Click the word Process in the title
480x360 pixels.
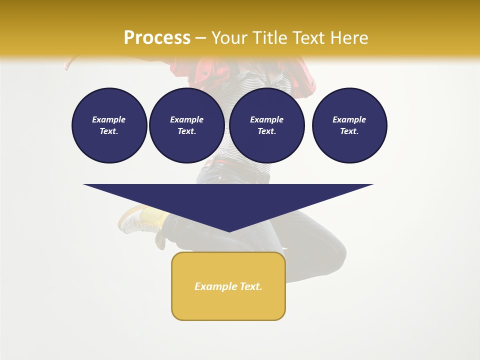point(157,38)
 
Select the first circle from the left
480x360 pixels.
point(109,125)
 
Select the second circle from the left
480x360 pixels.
point(186,125)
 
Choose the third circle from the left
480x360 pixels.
point(266,125)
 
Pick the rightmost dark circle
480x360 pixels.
point(349,125)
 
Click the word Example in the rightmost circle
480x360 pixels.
point(349,119)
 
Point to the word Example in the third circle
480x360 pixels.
point(266,119)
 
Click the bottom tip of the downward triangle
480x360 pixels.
point(229,231)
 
